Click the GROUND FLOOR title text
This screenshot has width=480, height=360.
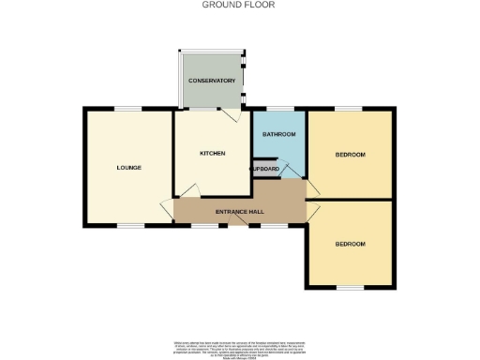click(x=239, y=5)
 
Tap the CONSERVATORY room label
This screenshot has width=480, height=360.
click(x=211, y=82)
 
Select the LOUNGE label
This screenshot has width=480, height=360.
click(x=128, y=168)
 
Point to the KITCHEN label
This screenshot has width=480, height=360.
click(x=212, y=153)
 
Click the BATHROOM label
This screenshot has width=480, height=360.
click(x=278, y=135)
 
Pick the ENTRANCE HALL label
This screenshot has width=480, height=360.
click(x=239, y=212)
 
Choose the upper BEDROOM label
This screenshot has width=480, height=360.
click(x=350, y=154)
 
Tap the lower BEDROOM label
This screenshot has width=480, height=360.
click(x=350, y=244)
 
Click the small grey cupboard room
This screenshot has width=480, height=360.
click(x=265, y=169)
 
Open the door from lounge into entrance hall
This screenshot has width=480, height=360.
click(x=168, y=209)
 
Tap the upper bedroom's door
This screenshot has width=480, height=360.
click(x=314, y=188)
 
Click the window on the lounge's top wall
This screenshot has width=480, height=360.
click(x=128, y=110)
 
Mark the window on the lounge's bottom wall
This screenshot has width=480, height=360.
click(x=130, y=226)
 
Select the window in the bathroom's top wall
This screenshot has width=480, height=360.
click(x=278, y=110)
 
